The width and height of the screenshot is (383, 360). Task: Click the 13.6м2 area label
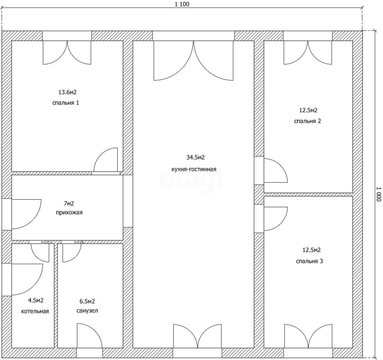point(67,92)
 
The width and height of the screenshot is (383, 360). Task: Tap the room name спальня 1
point(66,103)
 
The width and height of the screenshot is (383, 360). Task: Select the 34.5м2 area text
point(195,157)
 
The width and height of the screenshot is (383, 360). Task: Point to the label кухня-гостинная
point(194,169)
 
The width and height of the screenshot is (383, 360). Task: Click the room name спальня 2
point(308,121)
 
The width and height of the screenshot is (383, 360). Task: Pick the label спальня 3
point(310,261)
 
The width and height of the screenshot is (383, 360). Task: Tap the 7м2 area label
point(68,203)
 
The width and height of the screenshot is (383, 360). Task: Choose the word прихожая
point(69,213)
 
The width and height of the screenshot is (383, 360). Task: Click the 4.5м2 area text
point(36,300)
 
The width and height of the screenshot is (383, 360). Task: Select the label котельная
point(35,312)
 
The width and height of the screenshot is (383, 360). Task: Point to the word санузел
point(87,311)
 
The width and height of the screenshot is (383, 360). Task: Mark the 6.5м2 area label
point(87,301)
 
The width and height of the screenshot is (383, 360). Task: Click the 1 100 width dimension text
point(182,4)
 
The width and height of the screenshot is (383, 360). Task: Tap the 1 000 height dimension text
point(379,194)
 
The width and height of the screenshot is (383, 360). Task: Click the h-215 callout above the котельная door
point(46,242)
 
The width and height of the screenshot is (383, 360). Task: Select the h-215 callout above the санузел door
point(78,242)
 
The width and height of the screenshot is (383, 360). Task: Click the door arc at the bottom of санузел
point(95,330)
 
